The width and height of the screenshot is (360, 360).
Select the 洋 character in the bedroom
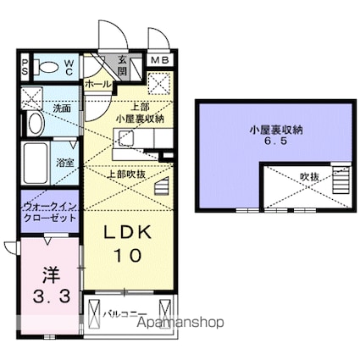(48, 276)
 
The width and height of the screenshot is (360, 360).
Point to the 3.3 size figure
(48, 297)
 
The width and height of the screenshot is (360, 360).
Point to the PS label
(25, 68)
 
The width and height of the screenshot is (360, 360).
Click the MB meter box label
(158, 61)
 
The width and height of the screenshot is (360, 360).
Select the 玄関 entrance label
(122, 65)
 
